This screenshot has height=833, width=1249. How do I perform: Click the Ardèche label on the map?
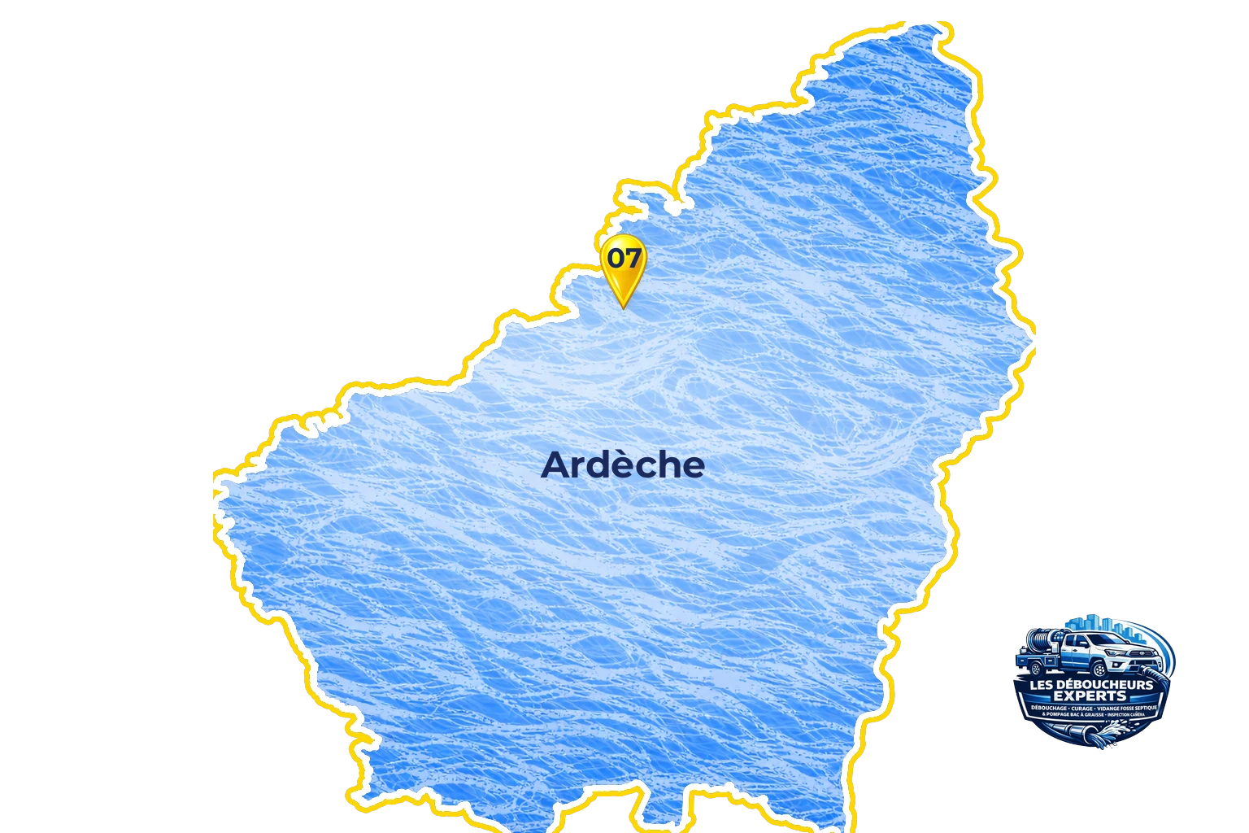622,465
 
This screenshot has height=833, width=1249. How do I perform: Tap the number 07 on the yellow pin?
624,258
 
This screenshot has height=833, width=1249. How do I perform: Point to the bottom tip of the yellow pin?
624,307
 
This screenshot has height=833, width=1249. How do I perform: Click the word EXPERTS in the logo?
1090,696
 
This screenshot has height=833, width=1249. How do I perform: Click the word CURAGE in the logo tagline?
1081,709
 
